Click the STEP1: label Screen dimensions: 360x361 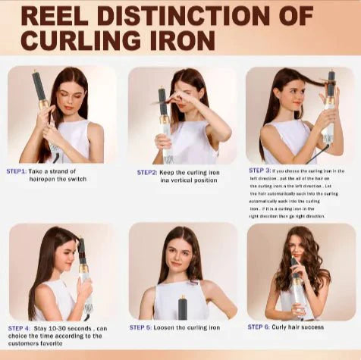click(17, 171)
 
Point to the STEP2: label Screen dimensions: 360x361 click(147, 172)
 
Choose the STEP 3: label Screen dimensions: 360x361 click(259, 171)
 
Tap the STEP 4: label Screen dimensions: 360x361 click(19, 328)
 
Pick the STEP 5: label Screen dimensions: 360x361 click(140, 327)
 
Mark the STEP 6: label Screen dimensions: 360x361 click(261, 327)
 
